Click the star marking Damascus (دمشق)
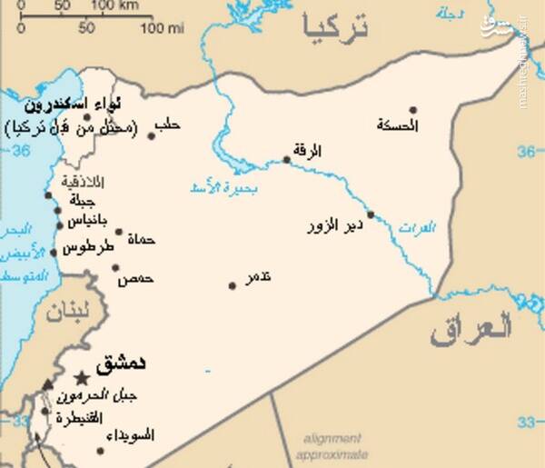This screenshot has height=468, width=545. tap(83, 377)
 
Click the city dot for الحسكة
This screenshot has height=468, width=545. tap(413, 110)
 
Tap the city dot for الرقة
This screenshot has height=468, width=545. tap(286, 160)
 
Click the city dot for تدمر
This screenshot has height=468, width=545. tap(232, 286)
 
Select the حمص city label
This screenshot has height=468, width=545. tap(134, 279)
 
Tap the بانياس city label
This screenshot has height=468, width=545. tap(90, 222)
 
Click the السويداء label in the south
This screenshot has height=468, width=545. tap(129, 435)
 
